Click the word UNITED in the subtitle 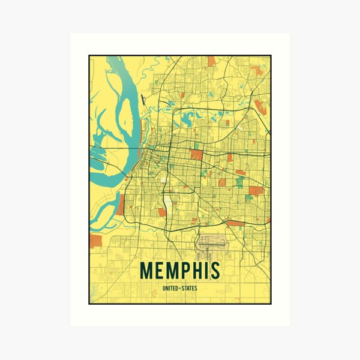(170, 289)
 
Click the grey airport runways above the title (211, 244)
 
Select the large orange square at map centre (196, 154)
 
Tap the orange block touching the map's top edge (211, 61)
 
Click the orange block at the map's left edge (95, 241)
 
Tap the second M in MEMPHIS (170, 271)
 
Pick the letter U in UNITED (163, 289)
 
